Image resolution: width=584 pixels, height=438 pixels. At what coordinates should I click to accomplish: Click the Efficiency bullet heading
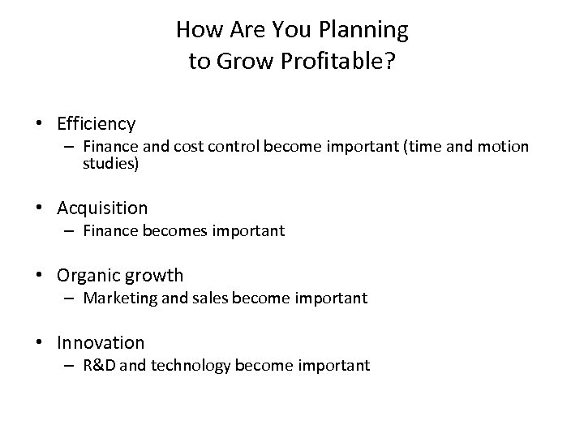(96, 124)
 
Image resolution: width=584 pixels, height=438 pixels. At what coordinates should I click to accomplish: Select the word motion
(503, 147)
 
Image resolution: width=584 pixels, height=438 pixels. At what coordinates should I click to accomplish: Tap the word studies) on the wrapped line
(110, 164)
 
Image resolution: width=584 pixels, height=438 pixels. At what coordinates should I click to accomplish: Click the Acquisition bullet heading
(102, 208)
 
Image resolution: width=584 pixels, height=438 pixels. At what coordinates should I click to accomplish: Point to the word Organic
(86, 276)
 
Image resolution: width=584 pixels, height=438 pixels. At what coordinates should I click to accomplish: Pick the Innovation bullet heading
(101, 343)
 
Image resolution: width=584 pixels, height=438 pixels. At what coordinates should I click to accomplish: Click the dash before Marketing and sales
(71, 298)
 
